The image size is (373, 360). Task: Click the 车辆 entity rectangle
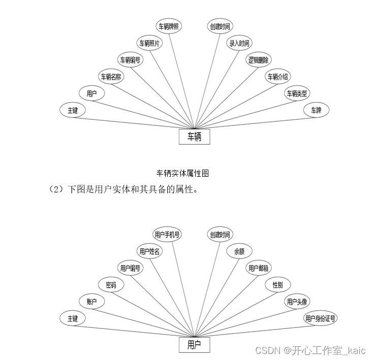[x=194, y=137]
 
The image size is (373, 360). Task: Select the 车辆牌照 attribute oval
[x=168, y=26]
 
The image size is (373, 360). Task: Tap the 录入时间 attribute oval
[x=239, y=43]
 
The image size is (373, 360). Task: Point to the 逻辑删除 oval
[x=259, y=60]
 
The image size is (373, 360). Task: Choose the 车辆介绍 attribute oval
[x=278, y=77]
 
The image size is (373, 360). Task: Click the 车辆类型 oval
[x=297, y=93]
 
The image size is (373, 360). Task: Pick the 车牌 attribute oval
[x=316, y=110]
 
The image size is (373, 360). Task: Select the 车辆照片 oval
[x=149, y=43]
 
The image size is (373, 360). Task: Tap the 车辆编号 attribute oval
[x=130, y=60]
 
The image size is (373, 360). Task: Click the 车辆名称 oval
[x=111, y=77]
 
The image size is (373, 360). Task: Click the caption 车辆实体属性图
[x=182, y=173]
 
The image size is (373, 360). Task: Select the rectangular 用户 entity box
[x=194, y=345]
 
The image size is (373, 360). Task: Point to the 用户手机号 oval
[x=168, y=235]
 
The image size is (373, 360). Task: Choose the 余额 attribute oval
[x=239, y=251]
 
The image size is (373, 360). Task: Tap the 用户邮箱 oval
[x=259, y=268]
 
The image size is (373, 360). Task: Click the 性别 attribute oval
[x=277, y=285]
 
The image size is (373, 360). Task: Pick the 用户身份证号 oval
[x=321, y=318]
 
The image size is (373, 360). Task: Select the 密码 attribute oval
[x=111, y=285]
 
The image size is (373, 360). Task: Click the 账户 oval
[x=91, y=302]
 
